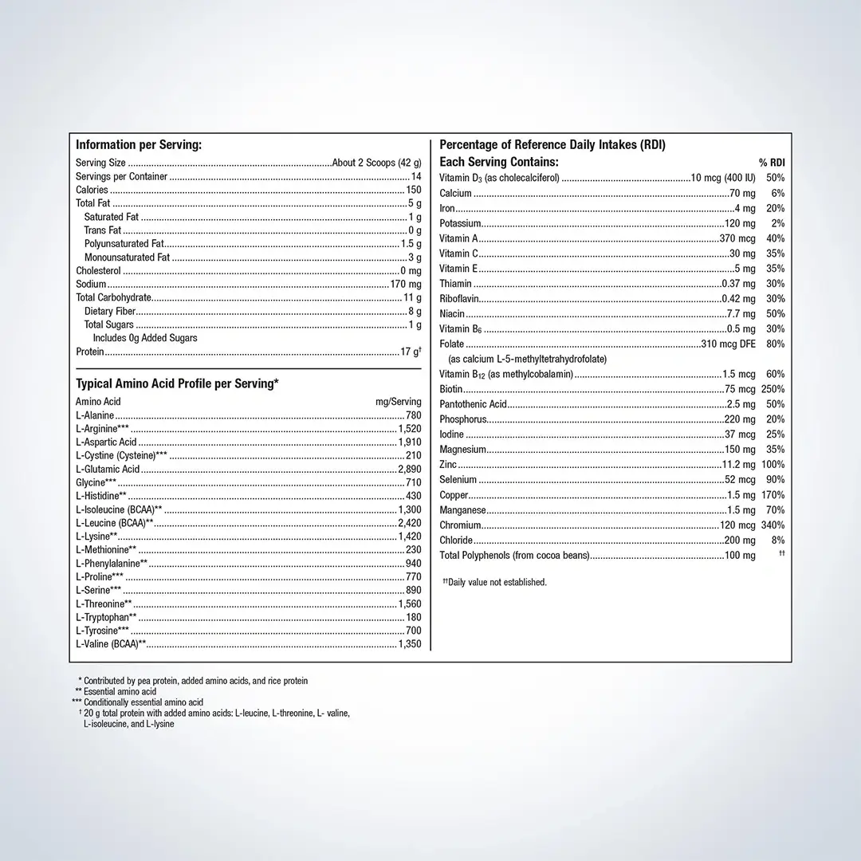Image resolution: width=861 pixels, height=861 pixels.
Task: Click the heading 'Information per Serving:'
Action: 138,145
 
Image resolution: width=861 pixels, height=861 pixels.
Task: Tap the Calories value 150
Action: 413,190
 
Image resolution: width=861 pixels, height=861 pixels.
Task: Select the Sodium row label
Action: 91,284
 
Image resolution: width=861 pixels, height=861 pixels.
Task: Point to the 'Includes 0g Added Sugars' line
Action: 145,338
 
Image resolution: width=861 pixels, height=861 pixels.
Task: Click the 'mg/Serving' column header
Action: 398,402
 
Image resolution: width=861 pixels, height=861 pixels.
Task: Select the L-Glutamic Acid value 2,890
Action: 409,469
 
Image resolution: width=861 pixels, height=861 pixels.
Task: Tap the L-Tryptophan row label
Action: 106,617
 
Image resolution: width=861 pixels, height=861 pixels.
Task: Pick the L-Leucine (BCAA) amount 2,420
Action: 409,523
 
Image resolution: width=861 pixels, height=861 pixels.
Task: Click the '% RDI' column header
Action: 772,163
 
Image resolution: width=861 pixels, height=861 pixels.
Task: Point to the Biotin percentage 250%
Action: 773,389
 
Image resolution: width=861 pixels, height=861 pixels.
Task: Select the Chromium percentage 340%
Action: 773,525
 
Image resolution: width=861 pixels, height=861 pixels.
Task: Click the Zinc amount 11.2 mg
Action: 738,465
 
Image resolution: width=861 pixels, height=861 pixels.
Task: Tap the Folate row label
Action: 451,344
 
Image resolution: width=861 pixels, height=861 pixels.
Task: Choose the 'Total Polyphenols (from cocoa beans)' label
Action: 514,556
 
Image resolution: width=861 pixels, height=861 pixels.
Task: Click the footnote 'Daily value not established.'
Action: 496,582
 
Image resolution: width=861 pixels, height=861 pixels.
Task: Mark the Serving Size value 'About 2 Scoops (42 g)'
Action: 376,163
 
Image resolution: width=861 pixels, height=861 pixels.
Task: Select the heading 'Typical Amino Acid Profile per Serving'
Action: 176,383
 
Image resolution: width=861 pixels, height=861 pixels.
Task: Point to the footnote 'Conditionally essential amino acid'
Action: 143,702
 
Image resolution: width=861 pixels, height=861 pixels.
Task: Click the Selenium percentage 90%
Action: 776,480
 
